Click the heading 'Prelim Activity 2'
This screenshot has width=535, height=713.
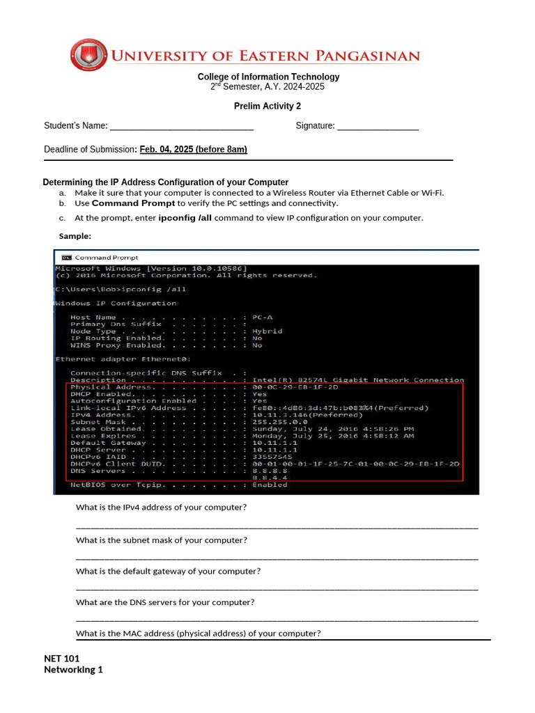267,107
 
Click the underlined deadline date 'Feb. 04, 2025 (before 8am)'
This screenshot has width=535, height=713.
193,150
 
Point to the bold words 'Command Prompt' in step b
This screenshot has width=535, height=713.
133,204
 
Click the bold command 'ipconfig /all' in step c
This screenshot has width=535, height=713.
185,218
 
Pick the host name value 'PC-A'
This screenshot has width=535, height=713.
263,318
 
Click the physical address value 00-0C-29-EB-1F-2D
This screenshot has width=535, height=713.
295,387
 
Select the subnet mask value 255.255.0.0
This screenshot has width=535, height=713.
279,422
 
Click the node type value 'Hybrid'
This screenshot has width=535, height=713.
267,331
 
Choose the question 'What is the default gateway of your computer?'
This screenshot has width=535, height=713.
168,572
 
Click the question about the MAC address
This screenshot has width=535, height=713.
198,634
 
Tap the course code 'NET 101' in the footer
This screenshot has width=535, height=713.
62,659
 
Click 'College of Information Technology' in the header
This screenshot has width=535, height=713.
268,77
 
